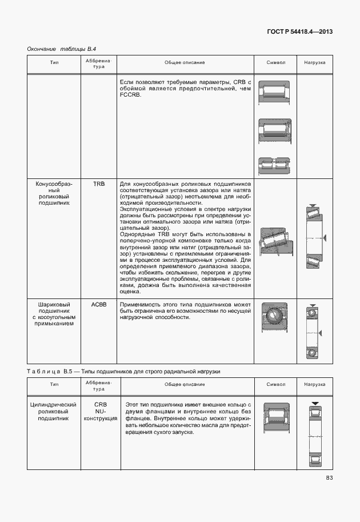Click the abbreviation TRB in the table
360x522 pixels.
tap(99, 185)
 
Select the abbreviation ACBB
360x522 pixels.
tap(99, 305)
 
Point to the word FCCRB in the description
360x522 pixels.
tap(130, 95)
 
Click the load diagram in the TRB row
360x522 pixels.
tap(315, 237)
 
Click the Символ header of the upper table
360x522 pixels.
tap(276, 62)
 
